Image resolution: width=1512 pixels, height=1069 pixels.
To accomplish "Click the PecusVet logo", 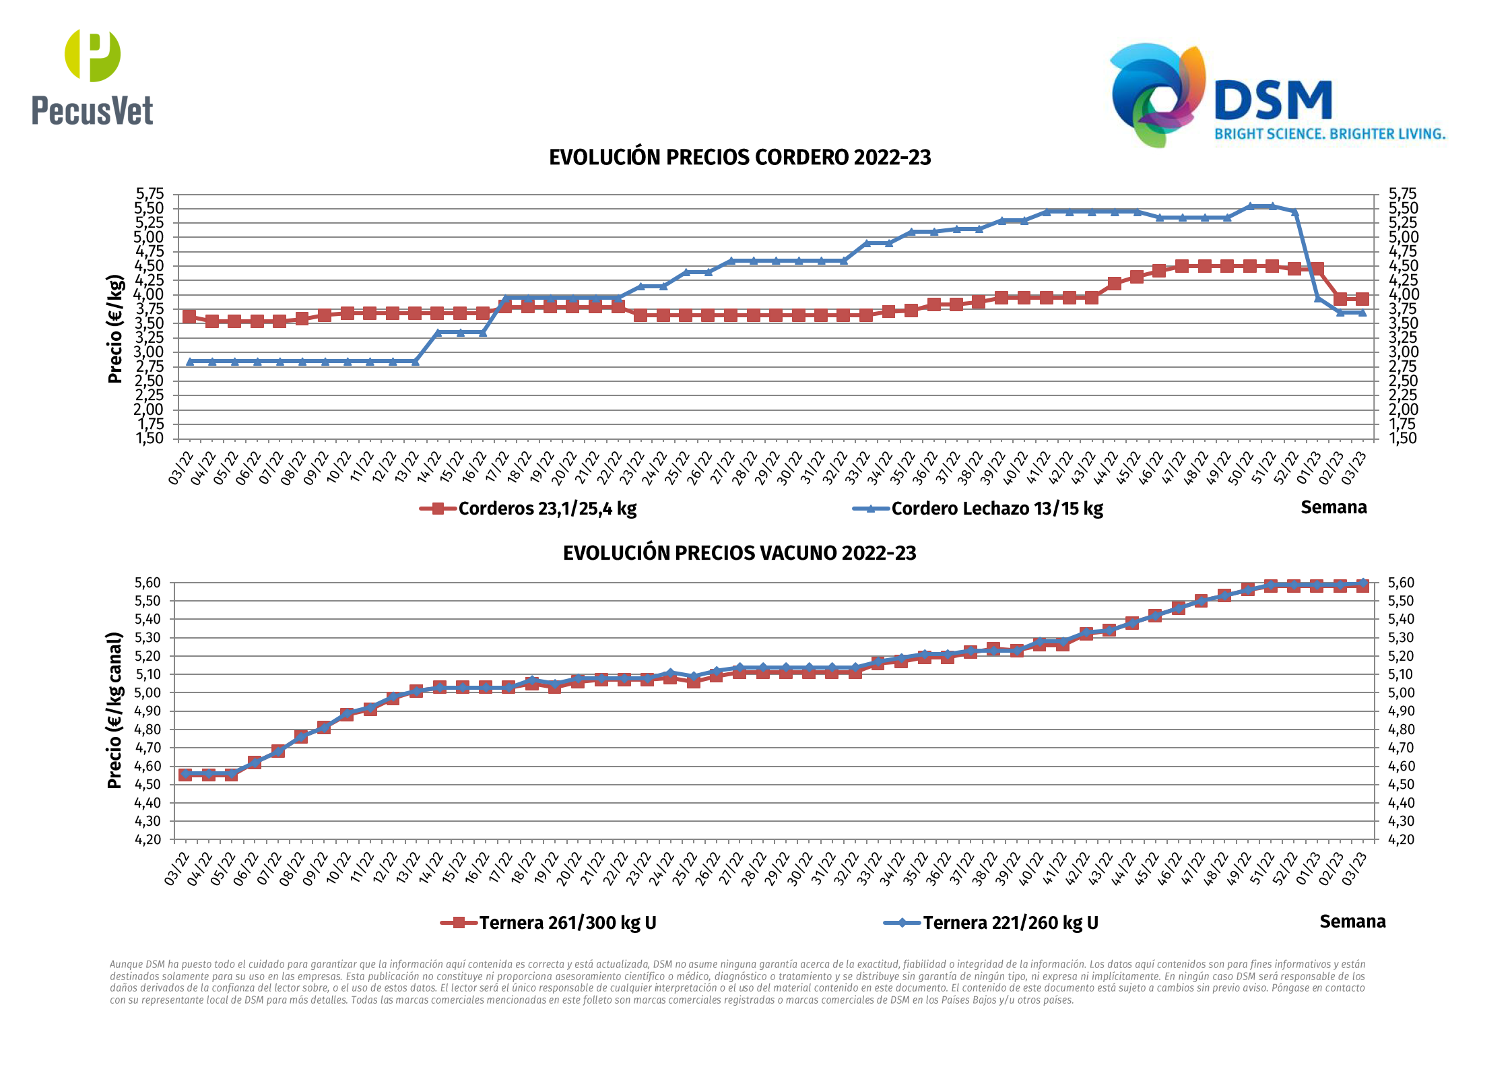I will tap(92, 78).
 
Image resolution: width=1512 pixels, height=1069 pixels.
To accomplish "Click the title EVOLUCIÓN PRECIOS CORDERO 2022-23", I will tap(739, 158).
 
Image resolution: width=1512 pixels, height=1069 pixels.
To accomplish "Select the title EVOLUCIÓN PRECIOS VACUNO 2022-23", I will tap(739, 554).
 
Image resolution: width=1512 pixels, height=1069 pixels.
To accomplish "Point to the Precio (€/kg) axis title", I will tap(115, 329).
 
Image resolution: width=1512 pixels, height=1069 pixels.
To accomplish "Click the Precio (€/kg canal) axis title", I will tap(115, 711).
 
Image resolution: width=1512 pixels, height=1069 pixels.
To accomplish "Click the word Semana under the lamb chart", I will tap(1334, 507).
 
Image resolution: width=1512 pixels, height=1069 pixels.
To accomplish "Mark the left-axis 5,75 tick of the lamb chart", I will tap(150, 194).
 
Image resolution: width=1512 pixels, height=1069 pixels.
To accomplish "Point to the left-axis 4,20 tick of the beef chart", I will tap(148, 840).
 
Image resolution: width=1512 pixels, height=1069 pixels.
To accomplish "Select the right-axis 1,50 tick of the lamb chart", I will tap(1403, 439).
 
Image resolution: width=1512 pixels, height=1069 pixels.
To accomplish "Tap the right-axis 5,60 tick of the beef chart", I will tap(1401, 583).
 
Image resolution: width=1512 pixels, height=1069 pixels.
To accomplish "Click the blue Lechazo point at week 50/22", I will tap(1250, 207).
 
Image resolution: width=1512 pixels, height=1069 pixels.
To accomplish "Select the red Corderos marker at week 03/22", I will tap(189, 317).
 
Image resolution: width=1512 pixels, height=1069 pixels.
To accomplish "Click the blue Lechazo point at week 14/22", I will tap(438, 333).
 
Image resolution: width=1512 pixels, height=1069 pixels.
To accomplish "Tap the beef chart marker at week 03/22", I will tap(185, 775).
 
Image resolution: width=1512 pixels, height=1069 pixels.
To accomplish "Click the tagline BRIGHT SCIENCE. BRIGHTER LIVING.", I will tap(1330, 134).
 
